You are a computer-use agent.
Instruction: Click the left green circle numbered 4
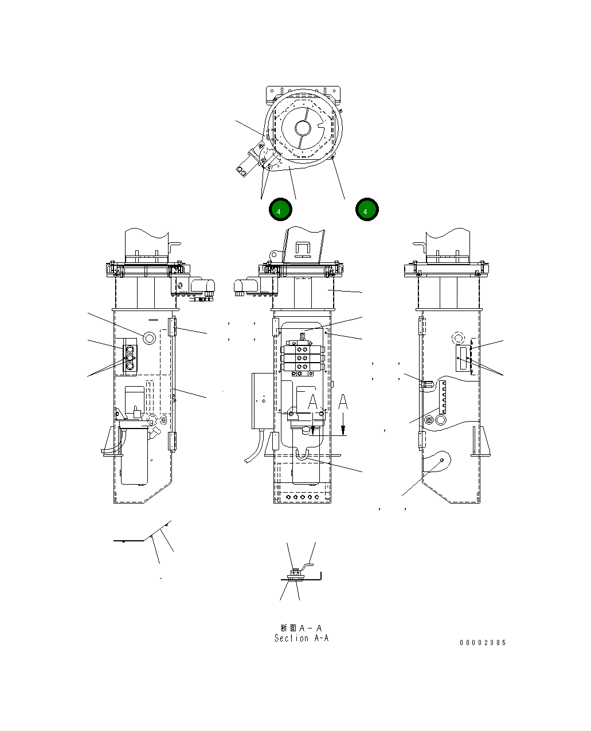pyautogui.click(x=280, y=210)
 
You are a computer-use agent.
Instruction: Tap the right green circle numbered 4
pyautogui.click(x=367, y=210)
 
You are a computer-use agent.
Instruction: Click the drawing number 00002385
pyautogui.click(x=483, y=643)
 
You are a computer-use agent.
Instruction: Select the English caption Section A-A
pyautogui.click(x=302, y=638)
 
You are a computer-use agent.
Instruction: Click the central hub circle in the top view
pyautogui.click(x=302, y=127)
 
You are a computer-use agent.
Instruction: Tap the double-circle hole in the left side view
pyautogui.click(x=150, y=337)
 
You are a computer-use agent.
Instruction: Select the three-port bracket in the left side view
pyautogui.click(x=130, y=359)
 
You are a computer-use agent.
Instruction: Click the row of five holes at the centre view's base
pyautogui.click(x=303, y=497)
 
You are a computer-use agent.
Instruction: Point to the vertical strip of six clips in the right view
pyautogui.click(x=443, y=399)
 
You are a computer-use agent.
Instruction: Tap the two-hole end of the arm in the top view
pyautogui.click(x=242, y=170)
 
